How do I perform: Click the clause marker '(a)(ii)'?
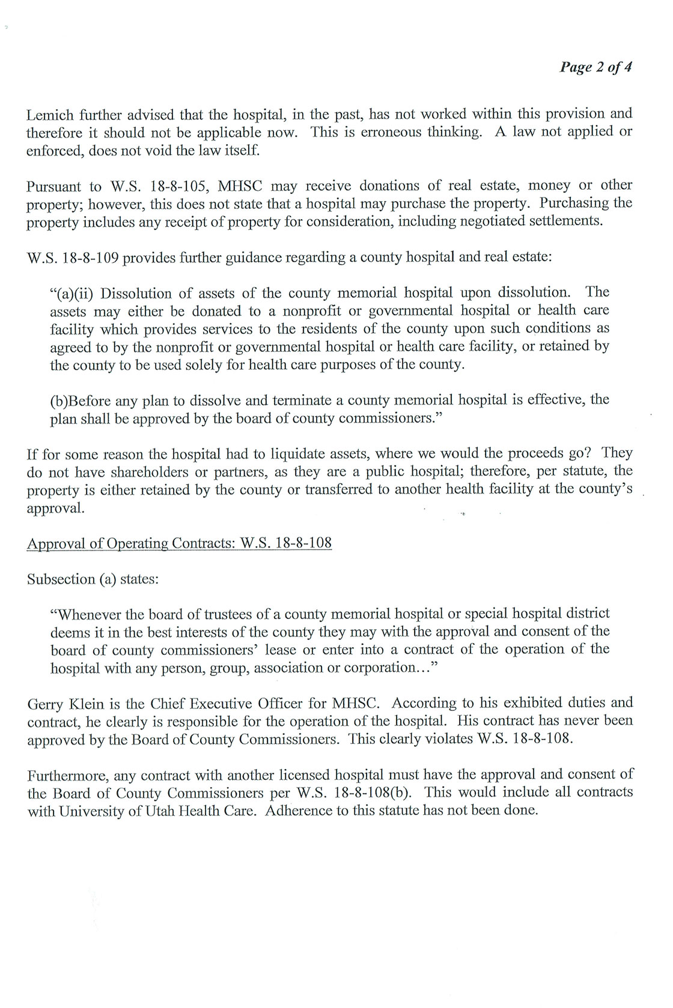[72, 294]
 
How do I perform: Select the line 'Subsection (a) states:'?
[93, 579]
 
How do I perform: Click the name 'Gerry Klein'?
[63, 704]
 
